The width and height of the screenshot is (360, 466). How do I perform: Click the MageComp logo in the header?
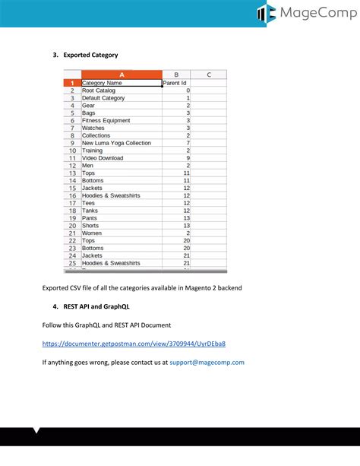(303, 13)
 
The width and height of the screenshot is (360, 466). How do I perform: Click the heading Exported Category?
(90, 55)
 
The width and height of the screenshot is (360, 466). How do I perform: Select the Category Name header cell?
(102, 83)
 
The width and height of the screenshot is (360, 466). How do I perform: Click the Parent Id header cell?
(175, 83)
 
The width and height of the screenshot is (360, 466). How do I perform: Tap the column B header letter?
(176, 74)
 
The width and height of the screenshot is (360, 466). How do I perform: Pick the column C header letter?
(209, 74)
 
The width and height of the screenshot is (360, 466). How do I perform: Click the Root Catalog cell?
(99, 90)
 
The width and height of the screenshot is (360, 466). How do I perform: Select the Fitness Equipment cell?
(106, 120)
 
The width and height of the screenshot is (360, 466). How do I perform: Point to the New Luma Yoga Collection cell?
(116, 143)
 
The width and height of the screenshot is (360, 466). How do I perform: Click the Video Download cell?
(102, 158)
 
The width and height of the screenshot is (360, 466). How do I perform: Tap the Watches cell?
(94, 128)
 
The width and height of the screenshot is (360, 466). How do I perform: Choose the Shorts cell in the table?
(90, 226)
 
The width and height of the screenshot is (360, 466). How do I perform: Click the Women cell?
(92, 233)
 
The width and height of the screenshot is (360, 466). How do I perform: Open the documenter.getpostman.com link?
(134, 344)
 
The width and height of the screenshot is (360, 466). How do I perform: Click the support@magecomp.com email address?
(207, 363)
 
